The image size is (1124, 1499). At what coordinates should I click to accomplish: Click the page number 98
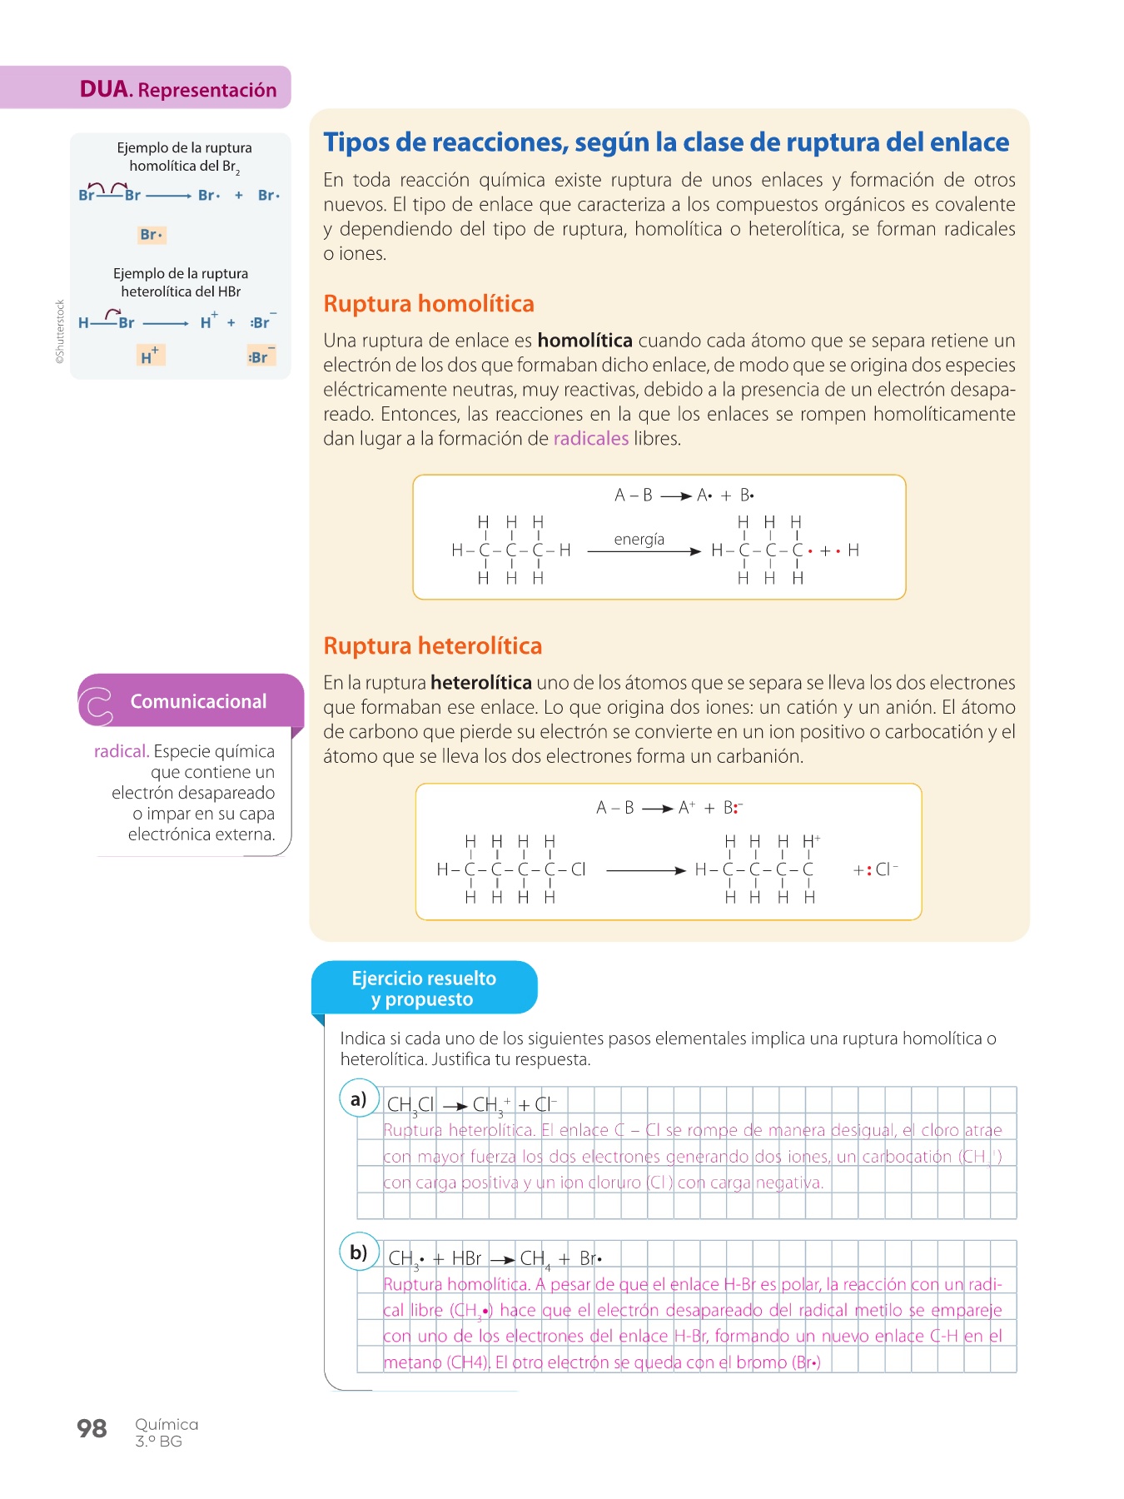tap(92, 1428)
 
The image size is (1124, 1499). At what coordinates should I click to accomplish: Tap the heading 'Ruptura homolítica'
tap(429, 304)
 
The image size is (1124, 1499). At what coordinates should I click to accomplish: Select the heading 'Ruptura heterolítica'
tap(432, 646)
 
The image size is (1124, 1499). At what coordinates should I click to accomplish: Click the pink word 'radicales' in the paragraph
tap(590, 439)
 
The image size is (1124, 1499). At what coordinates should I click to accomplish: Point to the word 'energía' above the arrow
tap(639, 540)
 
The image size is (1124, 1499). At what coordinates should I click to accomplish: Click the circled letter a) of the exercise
tap(359, 1098)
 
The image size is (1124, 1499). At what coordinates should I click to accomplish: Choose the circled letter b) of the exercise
tap(359, 1252)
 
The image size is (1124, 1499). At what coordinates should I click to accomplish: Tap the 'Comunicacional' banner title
tap(198, 701)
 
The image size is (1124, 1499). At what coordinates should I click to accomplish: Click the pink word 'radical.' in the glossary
tap(122, 751)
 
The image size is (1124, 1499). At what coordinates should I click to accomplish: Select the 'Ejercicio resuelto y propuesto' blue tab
tap(424, 989)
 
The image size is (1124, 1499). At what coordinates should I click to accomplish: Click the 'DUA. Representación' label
tap(178, 89)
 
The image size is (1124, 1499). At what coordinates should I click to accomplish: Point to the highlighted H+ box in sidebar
tap(152, 356)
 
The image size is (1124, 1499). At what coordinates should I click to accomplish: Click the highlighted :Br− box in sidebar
tap(261, 356)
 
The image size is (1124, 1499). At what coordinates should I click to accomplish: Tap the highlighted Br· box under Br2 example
tap(152, 235)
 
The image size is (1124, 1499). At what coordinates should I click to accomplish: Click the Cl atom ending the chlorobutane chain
tap(579, 869)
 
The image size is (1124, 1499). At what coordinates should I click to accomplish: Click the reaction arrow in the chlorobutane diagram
tap(645, 870)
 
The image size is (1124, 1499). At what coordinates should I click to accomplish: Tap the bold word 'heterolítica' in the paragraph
tap(480, 683)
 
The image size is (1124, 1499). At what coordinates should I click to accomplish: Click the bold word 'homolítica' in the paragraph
tap(584, 341)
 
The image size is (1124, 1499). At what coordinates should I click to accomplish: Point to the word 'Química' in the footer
tap(167, 1424)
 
